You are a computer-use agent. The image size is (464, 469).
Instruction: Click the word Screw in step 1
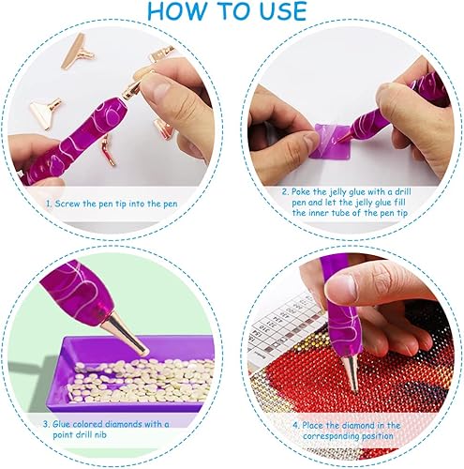tap(67, 204)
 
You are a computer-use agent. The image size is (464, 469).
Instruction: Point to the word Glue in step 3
tap(62, 424)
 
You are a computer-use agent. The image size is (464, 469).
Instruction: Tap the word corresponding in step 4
tap(336, 436)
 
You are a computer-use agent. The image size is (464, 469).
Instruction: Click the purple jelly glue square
tap(331, 141)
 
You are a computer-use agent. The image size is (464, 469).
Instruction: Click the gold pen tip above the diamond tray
tap(125, 338)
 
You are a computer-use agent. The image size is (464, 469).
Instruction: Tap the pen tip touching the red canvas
tap(351, 373)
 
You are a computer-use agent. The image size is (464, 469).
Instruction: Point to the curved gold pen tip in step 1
tap(107, 150)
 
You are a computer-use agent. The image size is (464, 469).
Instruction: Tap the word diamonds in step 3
tap(124, 424)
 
